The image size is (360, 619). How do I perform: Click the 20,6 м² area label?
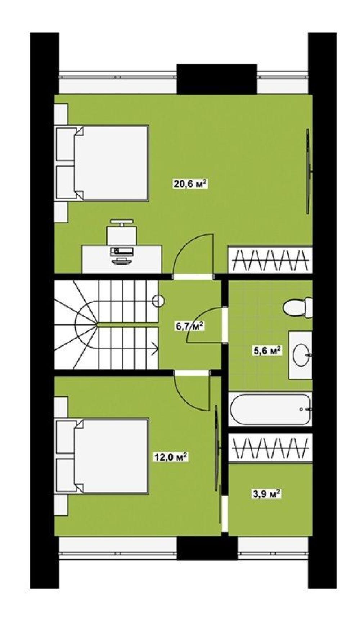tap(190, 184)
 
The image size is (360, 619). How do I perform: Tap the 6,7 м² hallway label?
tap(189, 326)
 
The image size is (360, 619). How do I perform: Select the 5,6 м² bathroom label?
tap(267, 351)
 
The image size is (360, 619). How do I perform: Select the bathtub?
tap(270, 409)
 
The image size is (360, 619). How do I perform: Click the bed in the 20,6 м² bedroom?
tap(102, 163)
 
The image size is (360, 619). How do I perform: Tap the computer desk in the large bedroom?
tap(122, 259)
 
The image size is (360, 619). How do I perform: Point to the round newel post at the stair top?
tap(158, 301)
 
